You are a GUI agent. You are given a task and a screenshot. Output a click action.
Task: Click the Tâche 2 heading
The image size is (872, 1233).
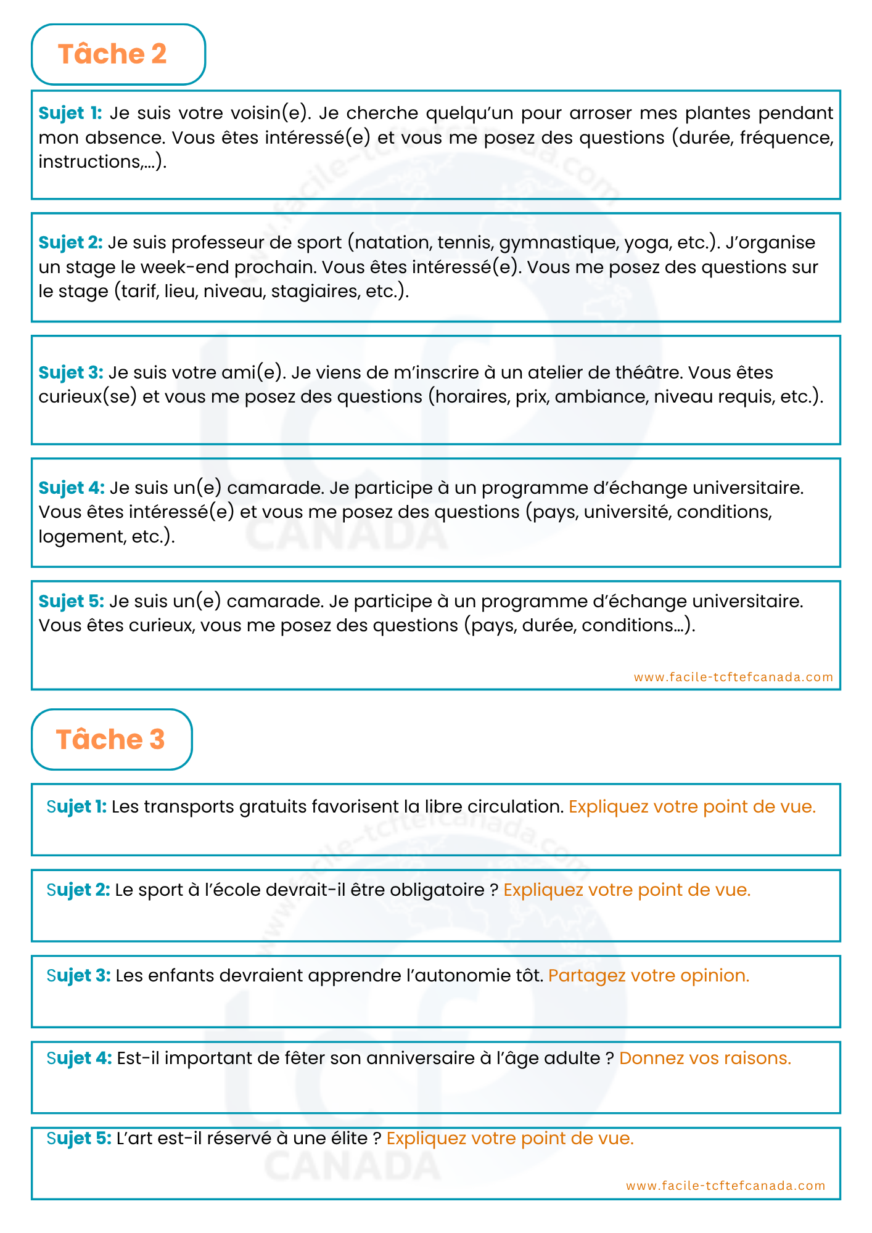click(x=112, y=54)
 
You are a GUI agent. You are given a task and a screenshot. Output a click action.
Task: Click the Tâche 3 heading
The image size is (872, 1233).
click(x=110, y=739)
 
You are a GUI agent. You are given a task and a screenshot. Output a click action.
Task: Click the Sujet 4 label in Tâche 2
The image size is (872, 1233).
click(x=72, y=488)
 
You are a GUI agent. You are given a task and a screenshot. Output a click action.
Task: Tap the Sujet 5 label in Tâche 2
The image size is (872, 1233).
click(x=72, y=601)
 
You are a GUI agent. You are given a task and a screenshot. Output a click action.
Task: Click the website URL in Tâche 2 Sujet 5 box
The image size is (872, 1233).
click(x=733, y=677)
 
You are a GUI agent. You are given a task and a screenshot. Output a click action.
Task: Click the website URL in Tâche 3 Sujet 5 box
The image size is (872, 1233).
click(x=725, y=1186)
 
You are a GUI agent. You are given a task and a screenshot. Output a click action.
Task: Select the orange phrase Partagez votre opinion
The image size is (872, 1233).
click(x=648, y=976)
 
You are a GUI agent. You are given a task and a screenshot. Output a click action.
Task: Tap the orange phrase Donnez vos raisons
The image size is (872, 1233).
click(x=705, y=1059)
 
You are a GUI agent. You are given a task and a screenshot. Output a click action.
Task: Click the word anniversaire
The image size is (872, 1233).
click(x=421, y=1059)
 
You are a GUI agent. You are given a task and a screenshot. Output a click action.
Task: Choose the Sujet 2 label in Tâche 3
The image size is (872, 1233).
click(x=78, y=890)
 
